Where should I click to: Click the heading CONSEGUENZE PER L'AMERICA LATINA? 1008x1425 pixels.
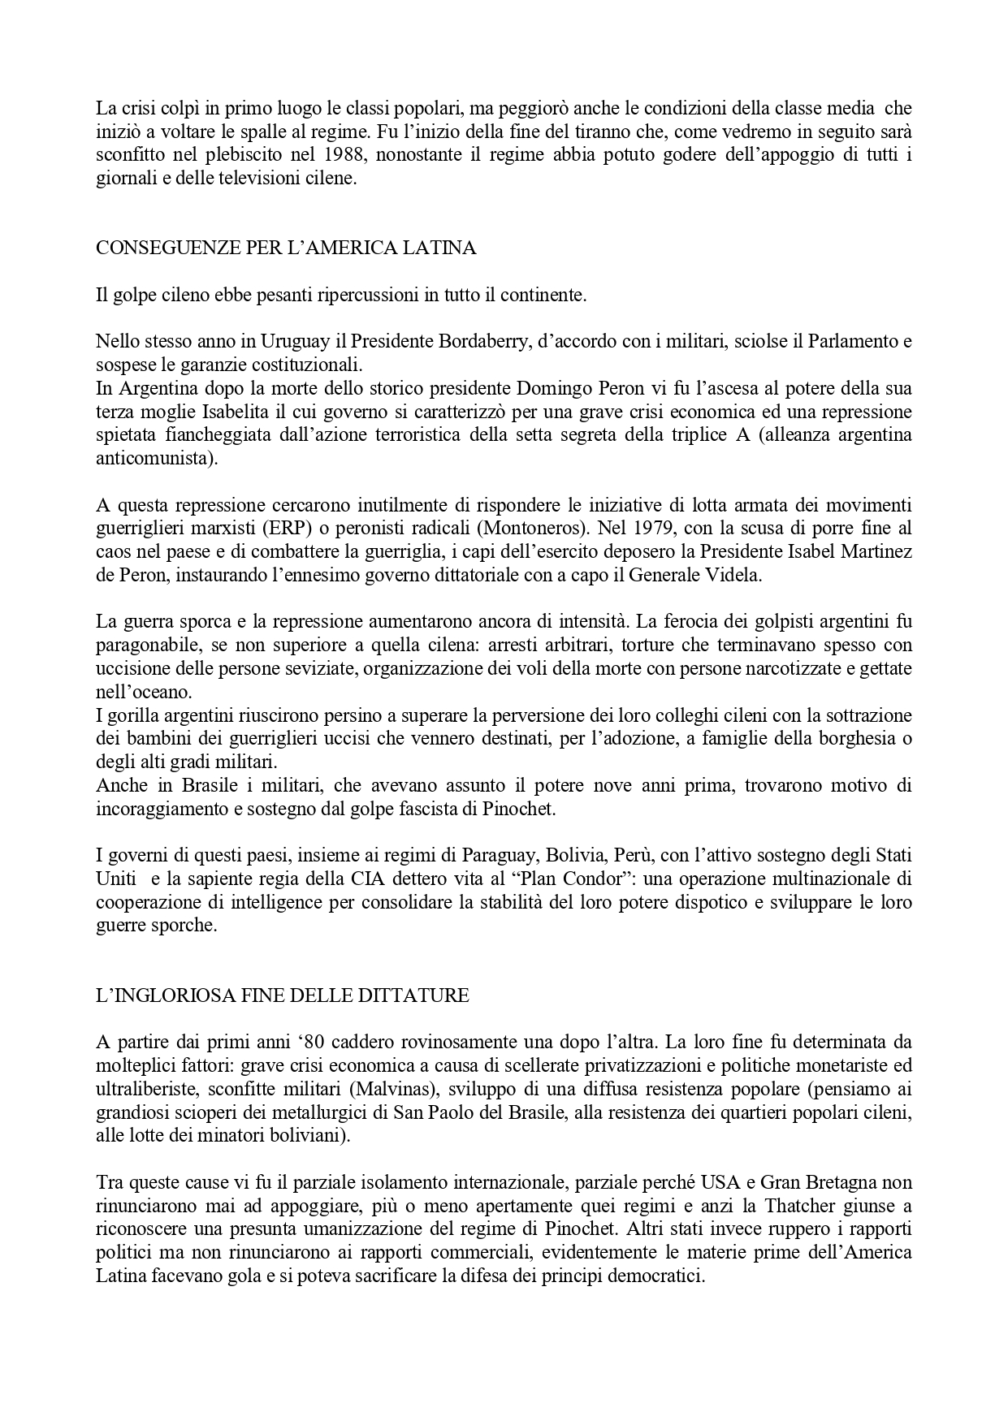[286, 248]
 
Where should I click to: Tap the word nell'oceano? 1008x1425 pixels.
[145, 693]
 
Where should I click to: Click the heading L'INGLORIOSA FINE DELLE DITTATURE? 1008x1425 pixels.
[283, 996]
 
